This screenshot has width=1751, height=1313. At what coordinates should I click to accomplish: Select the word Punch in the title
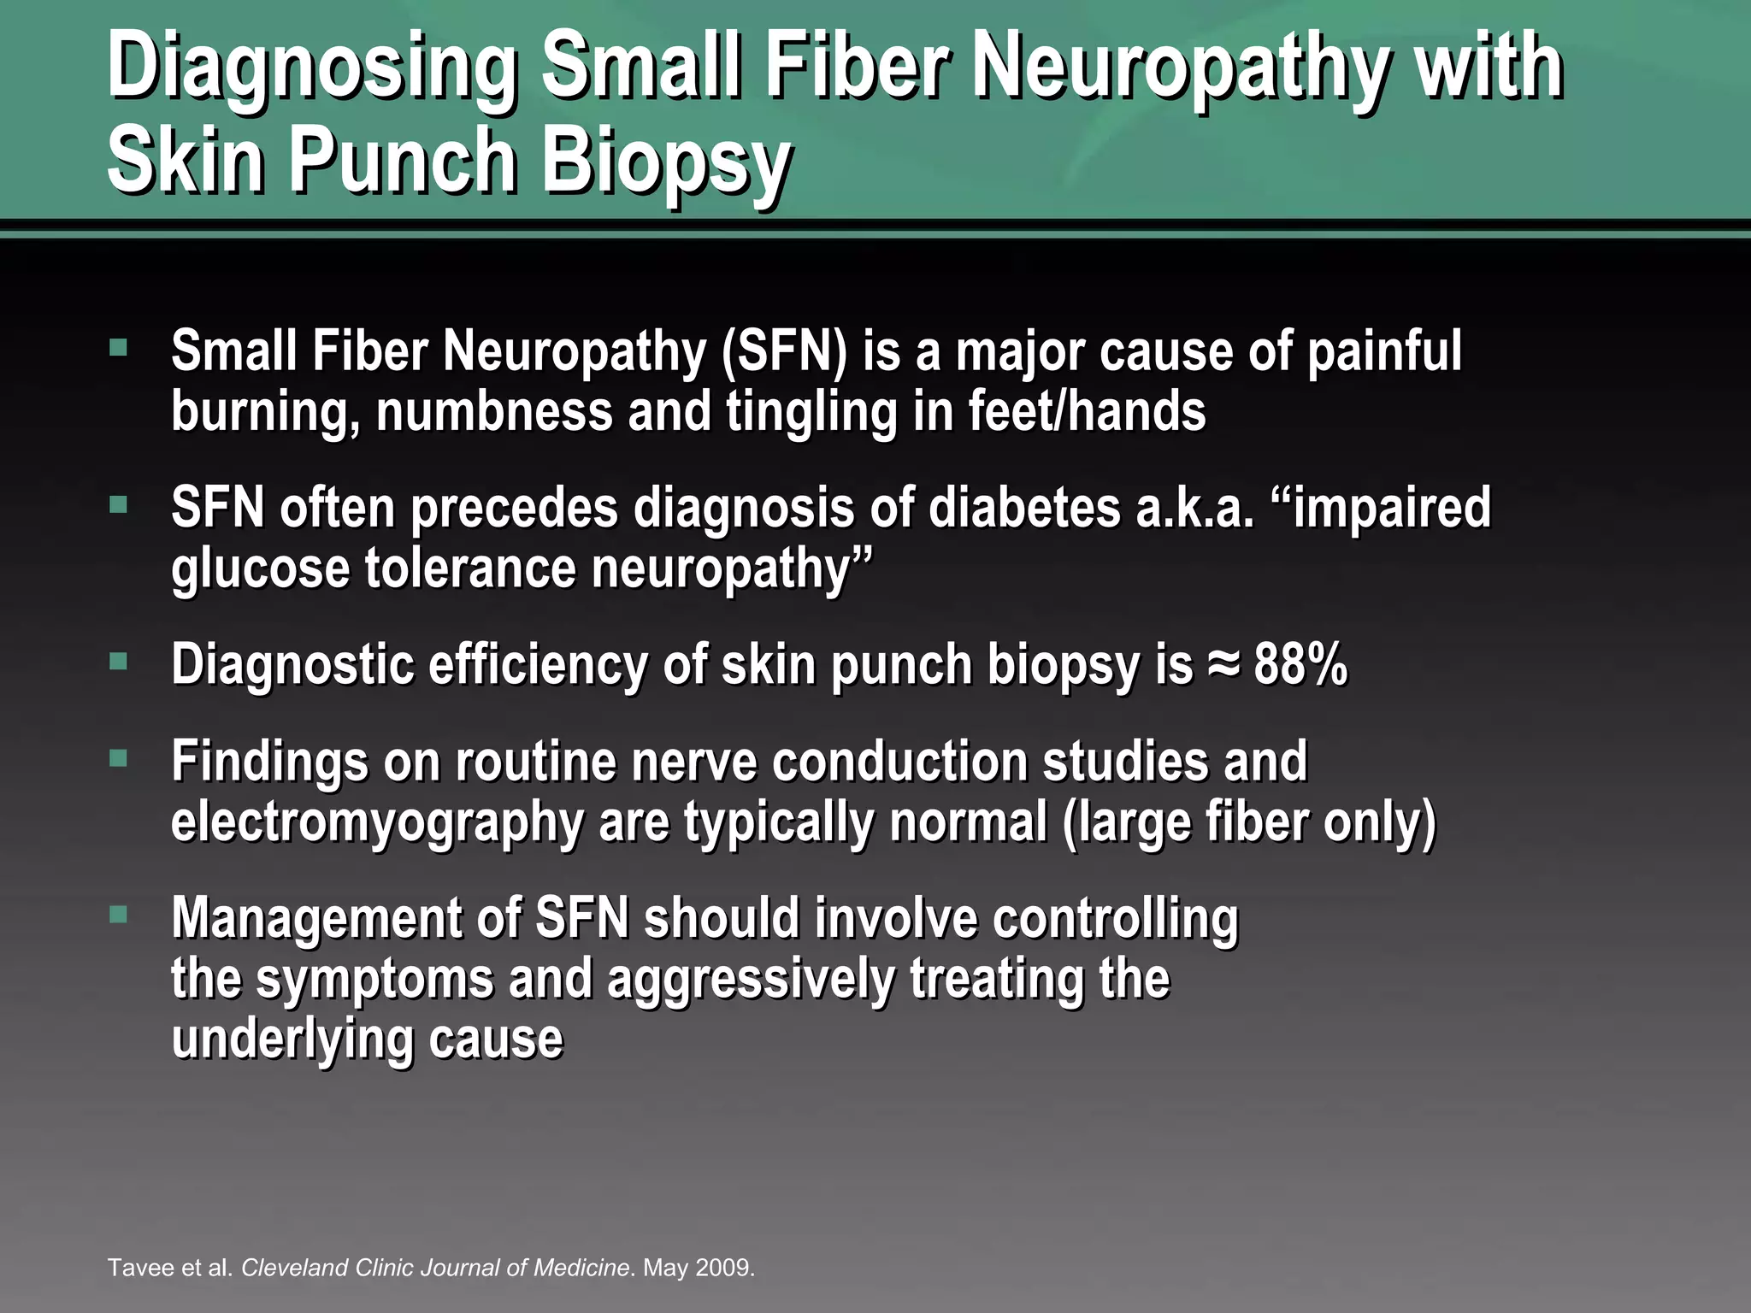(x=403, y=161)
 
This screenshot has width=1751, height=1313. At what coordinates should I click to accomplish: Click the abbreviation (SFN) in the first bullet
(x=783, y=352)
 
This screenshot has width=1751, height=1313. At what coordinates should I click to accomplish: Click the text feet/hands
(x=1087, y=411)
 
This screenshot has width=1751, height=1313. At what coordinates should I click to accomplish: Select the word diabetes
(x=1023, y=508)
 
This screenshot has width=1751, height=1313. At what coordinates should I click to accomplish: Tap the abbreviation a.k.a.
(x=1194, y=508)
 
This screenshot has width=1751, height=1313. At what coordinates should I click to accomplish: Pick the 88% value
(x=1300, y=664)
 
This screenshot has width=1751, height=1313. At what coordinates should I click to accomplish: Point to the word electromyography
(x=377, y=822)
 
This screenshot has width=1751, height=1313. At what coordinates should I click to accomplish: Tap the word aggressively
(x=750, y=980)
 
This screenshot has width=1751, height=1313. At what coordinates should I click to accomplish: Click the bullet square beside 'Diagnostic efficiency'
(x=118, y=661)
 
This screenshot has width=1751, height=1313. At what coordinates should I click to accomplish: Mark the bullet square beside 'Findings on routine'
(x=118, y=757)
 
